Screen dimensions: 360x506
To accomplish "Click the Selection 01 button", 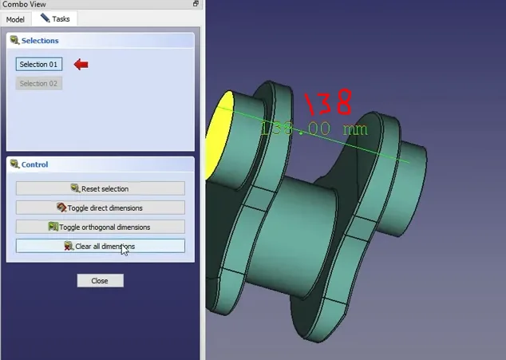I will [39, 64].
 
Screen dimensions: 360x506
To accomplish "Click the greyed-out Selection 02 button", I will [39, 83].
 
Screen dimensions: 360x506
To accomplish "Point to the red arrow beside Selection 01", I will [81, 64].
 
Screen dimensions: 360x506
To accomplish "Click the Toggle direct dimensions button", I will [101, 208].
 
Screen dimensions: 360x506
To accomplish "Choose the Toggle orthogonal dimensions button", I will [101, 227].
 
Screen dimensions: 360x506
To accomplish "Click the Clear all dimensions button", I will [101, 246].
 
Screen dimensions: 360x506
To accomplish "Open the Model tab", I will [16, 18].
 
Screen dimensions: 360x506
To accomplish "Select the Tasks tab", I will [57, 18].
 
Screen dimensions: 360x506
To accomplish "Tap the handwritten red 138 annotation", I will [327, 102].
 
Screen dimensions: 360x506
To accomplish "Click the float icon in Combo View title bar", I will [196, 4].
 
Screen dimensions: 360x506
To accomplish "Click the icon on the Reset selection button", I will [75, 188].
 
